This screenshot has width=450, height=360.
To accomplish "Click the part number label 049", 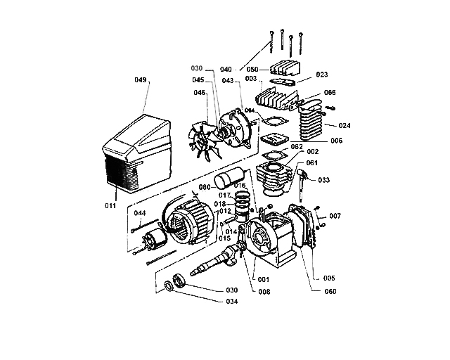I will click(x=141, y=81).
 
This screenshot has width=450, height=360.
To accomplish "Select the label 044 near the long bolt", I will click(x=140, y=212).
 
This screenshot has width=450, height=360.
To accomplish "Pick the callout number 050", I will click(x=253, y=69).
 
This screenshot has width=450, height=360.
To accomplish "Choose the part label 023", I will click(x=322, y=74).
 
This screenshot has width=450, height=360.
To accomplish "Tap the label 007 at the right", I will click(x=335, y=215).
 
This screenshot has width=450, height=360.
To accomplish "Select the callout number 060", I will click(x=330, y=291).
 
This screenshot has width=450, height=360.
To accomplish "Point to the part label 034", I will click(x=231, y=302).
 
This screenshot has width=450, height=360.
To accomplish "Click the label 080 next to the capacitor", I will click(x=205, y=187).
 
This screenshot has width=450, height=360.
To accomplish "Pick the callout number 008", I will click(x=264, y=290).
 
